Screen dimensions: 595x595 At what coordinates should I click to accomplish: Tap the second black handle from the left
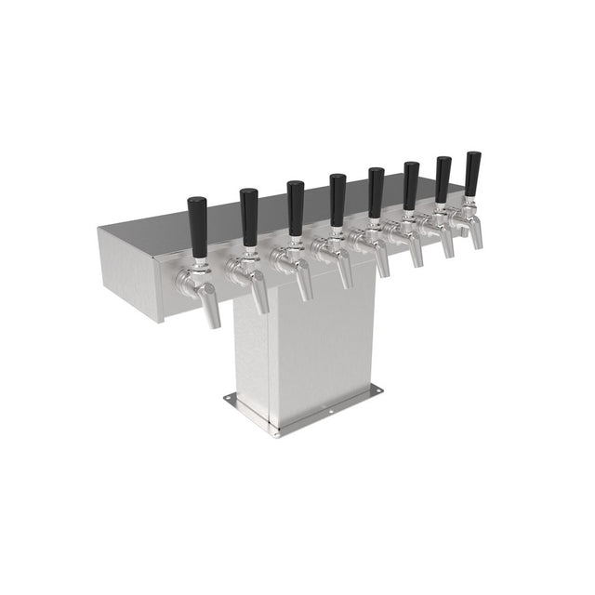click(x=249, y=216)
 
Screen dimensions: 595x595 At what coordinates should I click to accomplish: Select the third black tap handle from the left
click(x=295, y=207)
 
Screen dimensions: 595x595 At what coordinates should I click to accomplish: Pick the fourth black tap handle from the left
click(x=337, y=199)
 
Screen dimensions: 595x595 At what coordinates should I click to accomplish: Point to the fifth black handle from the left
click(x=376, y=192)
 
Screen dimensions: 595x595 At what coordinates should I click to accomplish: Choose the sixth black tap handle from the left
click(x=410, y=185)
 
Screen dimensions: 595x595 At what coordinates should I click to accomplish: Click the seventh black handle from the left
click(x=443, y=178)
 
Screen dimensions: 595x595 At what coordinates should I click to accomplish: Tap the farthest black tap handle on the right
click(x=473, y=172)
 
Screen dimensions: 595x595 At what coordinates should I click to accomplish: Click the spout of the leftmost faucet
click(x=211, y=312)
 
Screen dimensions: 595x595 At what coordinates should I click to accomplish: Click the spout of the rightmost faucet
click(x=476, y=237)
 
